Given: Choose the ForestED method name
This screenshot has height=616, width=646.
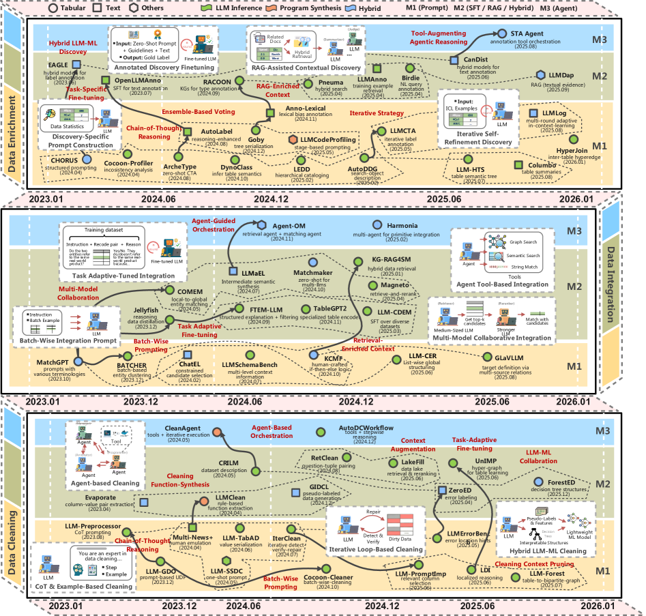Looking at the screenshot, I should [x=567, y=482].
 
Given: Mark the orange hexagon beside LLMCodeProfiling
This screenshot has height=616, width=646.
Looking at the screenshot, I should [x=293, y=140].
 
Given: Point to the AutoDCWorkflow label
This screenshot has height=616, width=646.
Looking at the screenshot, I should [x=366, y=428].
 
